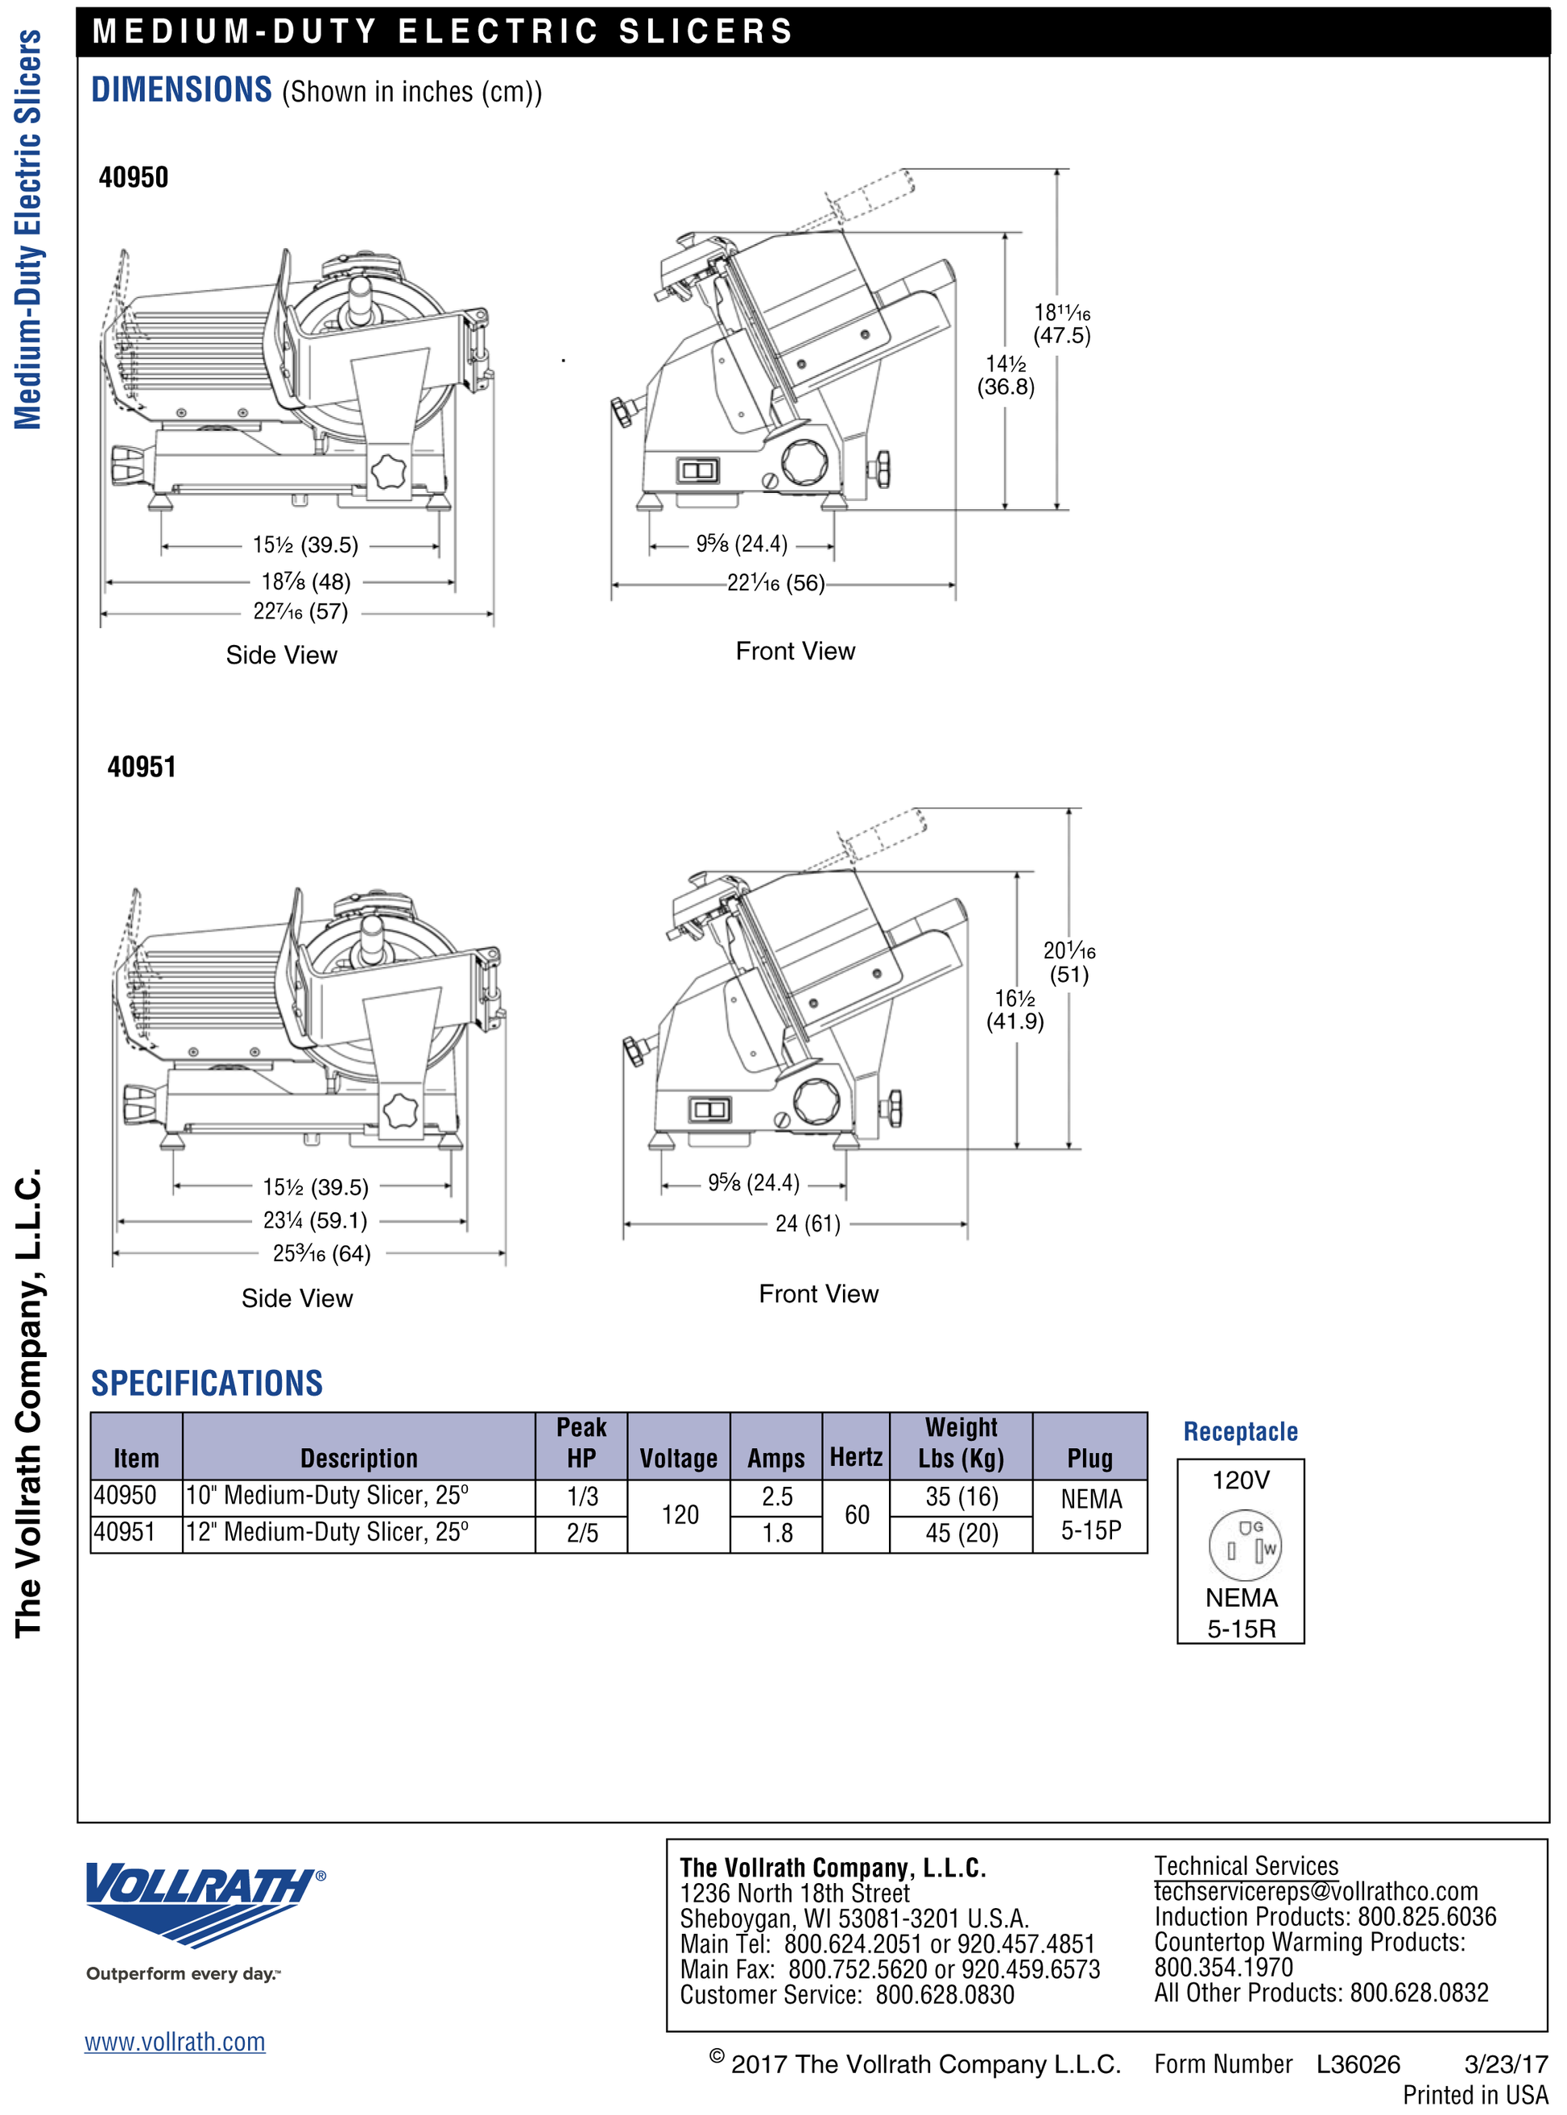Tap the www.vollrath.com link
(175, 2041)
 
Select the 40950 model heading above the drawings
(134, 177)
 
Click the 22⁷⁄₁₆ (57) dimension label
(300, 612)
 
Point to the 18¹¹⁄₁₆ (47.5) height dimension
(1061, 324)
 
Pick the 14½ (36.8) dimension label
(1006, 375)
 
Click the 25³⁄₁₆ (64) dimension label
(321, 1253)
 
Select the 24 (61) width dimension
(808, 1224)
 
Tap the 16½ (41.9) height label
(1015, 1010)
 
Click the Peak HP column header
(581, 1443)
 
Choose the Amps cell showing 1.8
(778, 1533)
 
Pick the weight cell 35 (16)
(961, 1496)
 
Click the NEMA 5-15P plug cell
(1091, 1514)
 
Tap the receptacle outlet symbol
(1244, 1545)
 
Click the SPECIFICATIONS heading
(207, 1383)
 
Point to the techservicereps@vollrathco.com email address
(1316, 1891)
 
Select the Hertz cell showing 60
(857, 1514)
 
